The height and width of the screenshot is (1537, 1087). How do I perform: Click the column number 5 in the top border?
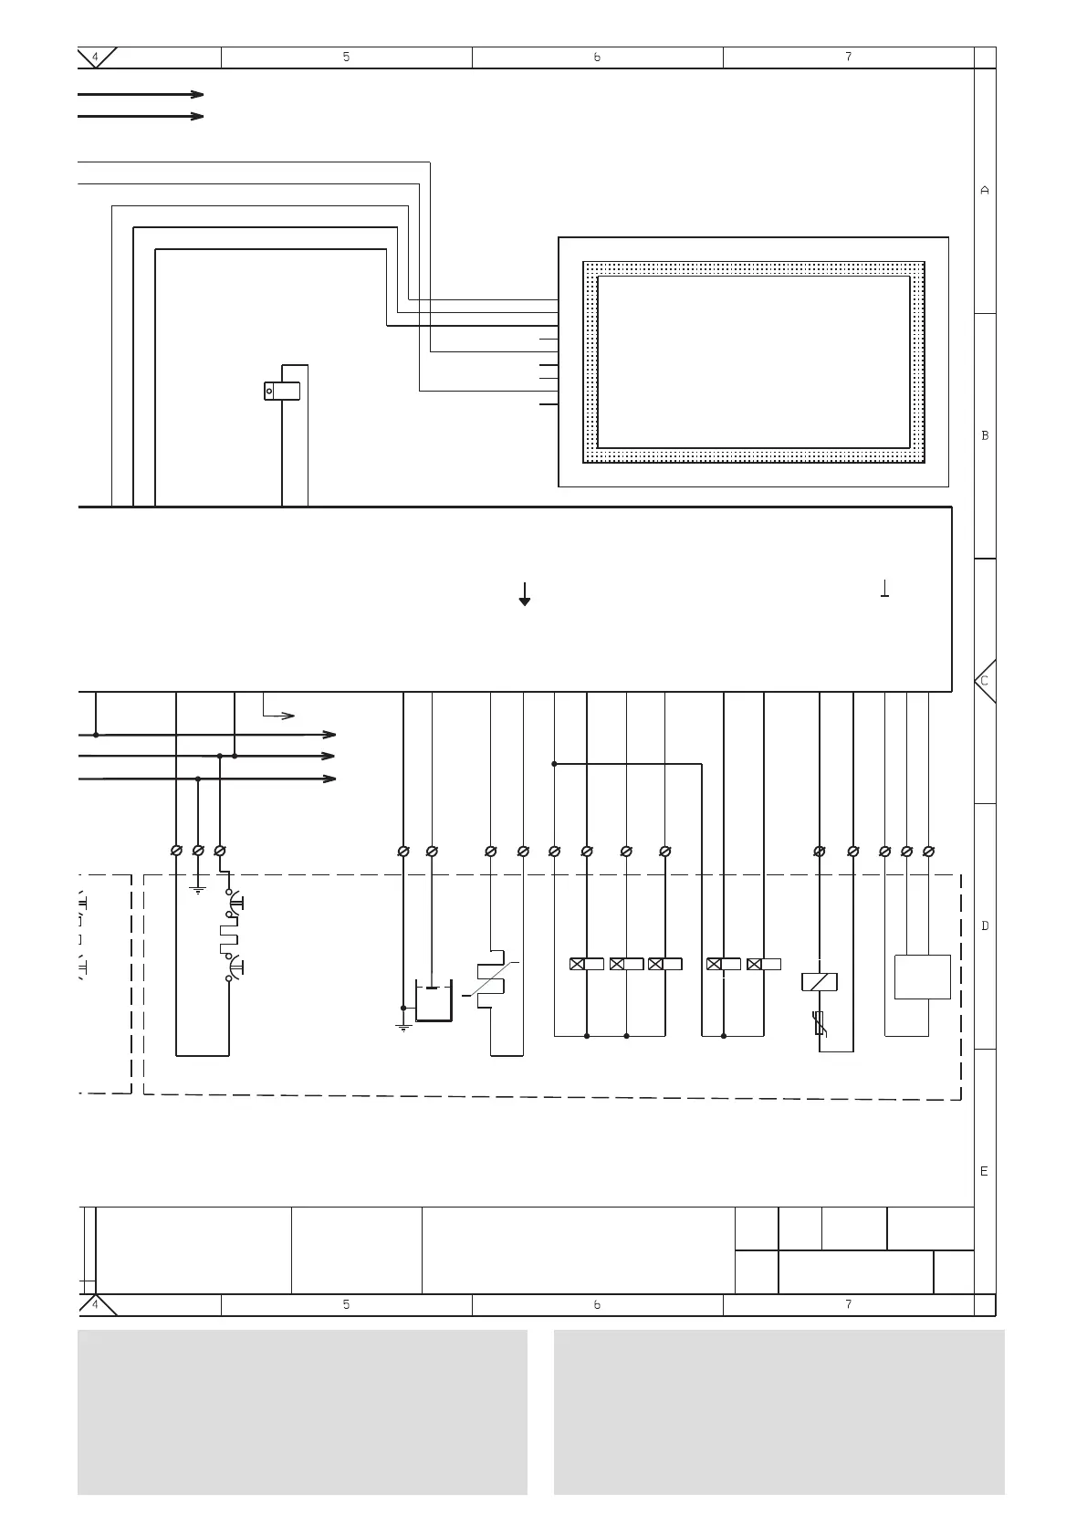pyautogui.click(x=346, y=57)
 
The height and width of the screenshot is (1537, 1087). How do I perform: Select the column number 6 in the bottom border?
pyautogui.click(x=597, y=1304)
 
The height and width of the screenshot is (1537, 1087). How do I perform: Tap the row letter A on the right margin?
pyautogui.click(x=984, y=191)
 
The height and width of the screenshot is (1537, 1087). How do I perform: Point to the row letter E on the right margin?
pyautogui.click(x=984, y=1171)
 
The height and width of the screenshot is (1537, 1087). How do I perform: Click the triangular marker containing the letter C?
pyautogui.click(x=985, y=681)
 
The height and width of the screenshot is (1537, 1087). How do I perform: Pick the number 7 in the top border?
pyautogui.click(x=848, y=57)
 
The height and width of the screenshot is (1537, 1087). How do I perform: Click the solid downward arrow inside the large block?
pyautogui.click(x=524, y=594)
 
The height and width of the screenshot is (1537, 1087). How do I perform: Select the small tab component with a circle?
pyautogui.click(x=282, y=391)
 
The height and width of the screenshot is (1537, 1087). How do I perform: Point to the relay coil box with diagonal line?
pyautogui.click(x=819, y=982)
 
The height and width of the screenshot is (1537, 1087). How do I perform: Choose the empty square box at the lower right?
pyautogui.click(x=922, y=977)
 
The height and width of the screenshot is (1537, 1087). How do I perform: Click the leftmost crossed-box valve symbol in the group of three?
pyautogui.click(x=586, y=964)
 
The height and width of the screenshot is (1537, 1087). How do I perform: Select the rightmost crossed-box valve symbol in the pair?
pyautogui.click(x=763, y=964)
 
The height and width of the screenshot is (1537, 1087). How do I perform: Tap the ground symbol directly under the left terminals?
pyautogui.click(x=198, y=889)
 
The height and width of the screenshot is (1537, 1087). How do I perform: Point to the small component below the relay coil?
pyautogui.click(x=820, y=1025)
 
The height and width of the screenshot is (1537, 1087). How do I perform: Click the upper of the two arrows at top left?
pyautogui.click(x=141, y=94)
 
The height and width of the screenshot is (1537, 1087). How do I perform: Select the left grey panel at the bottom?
pyautogui.click(x=302, y=1412)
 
